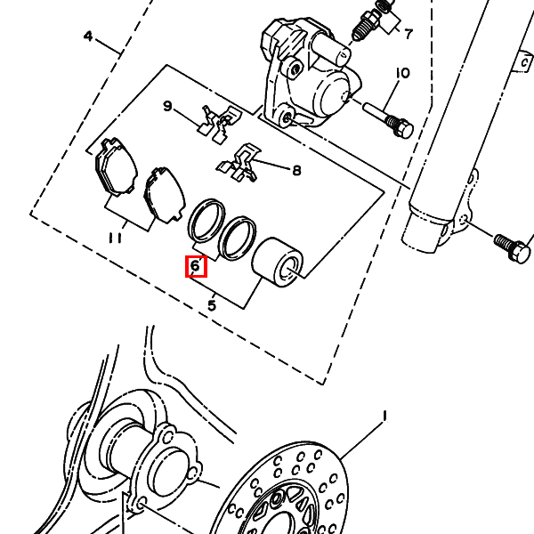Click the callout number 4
click(88, 36)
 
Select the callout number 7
click(409, 34)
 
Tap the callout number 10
click(402, 73)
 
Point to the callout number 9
click(167, 106)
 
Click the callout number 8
click(297, 170)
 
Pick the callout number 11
click(115, 238)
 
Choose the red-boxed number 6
click(196, 266)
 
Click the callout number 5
click(212, 305)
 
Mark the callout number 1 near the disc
click(384, 416)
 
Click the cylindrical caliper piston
click(277, 262)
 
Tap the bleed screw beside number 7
click(366, 26)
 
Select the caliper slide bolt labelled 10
click(389, 120)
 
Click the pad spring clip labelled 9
click(220, 124)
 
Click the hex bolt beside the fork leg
click(513, 247)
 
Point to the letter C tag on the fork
click(524, 62)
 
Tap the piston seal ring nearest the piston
click(238, 238)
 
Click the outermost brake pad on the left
click(116, 166)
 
